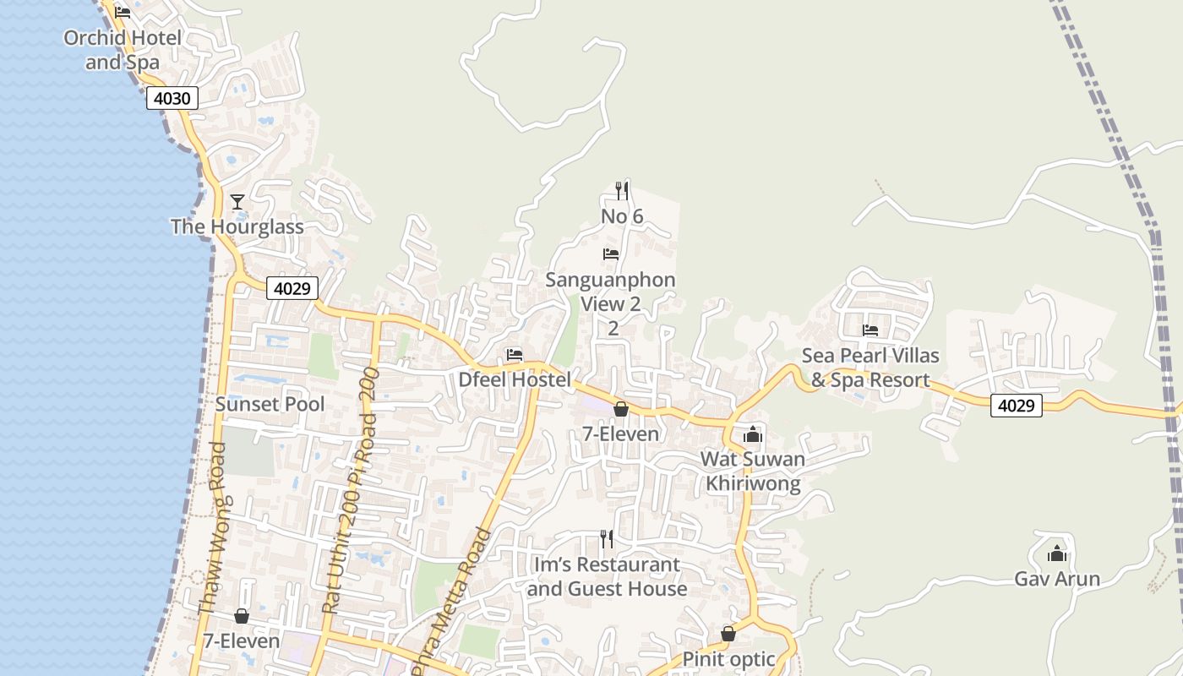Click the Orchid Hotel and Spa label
coord(123,50)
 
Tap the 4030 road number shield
coord(172,98)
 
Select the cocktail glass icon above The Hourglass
coord(237,201)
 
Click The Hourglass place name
coord(237,226)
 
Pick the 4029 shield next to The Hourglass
coord(292,288)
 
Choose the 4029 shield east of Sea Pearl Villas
coord(1016,406)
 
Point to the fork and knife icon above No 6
coord(622,190)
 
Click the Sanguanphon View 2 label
coord(611,292)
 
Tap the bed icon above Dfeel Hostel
coord(515,355)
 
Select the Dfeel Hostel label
coord(515,379)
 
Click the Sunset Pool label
coord(270,404)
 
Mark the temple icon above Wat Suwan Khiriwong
coord(752,435)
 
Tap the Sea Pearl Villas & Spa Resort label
coord(870,368)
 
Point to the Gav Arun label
coord(1057,579)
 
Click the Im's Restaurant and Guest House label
coord(607,576)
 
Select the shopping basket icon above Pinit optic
coord(728,634)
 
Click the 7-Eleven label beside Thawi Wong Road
coord(241,641)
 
